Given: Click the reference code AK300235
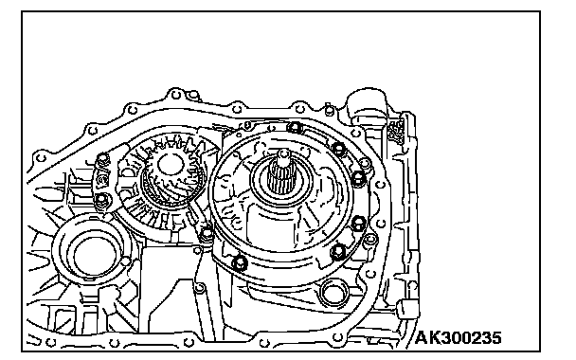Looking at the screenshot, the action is pos(459,337).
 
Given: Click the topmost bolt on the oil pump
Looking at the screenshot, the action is pos(295,128).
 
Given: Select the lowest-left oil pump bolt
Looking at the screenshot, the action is pos(240,262).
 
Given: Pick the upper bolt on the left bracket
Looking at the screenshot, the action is pos(102,159).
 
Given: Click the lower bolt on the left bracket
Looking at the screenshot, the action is pos(101,201).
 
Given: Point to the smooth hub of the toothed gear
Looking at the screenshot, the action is pos(170,164).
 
